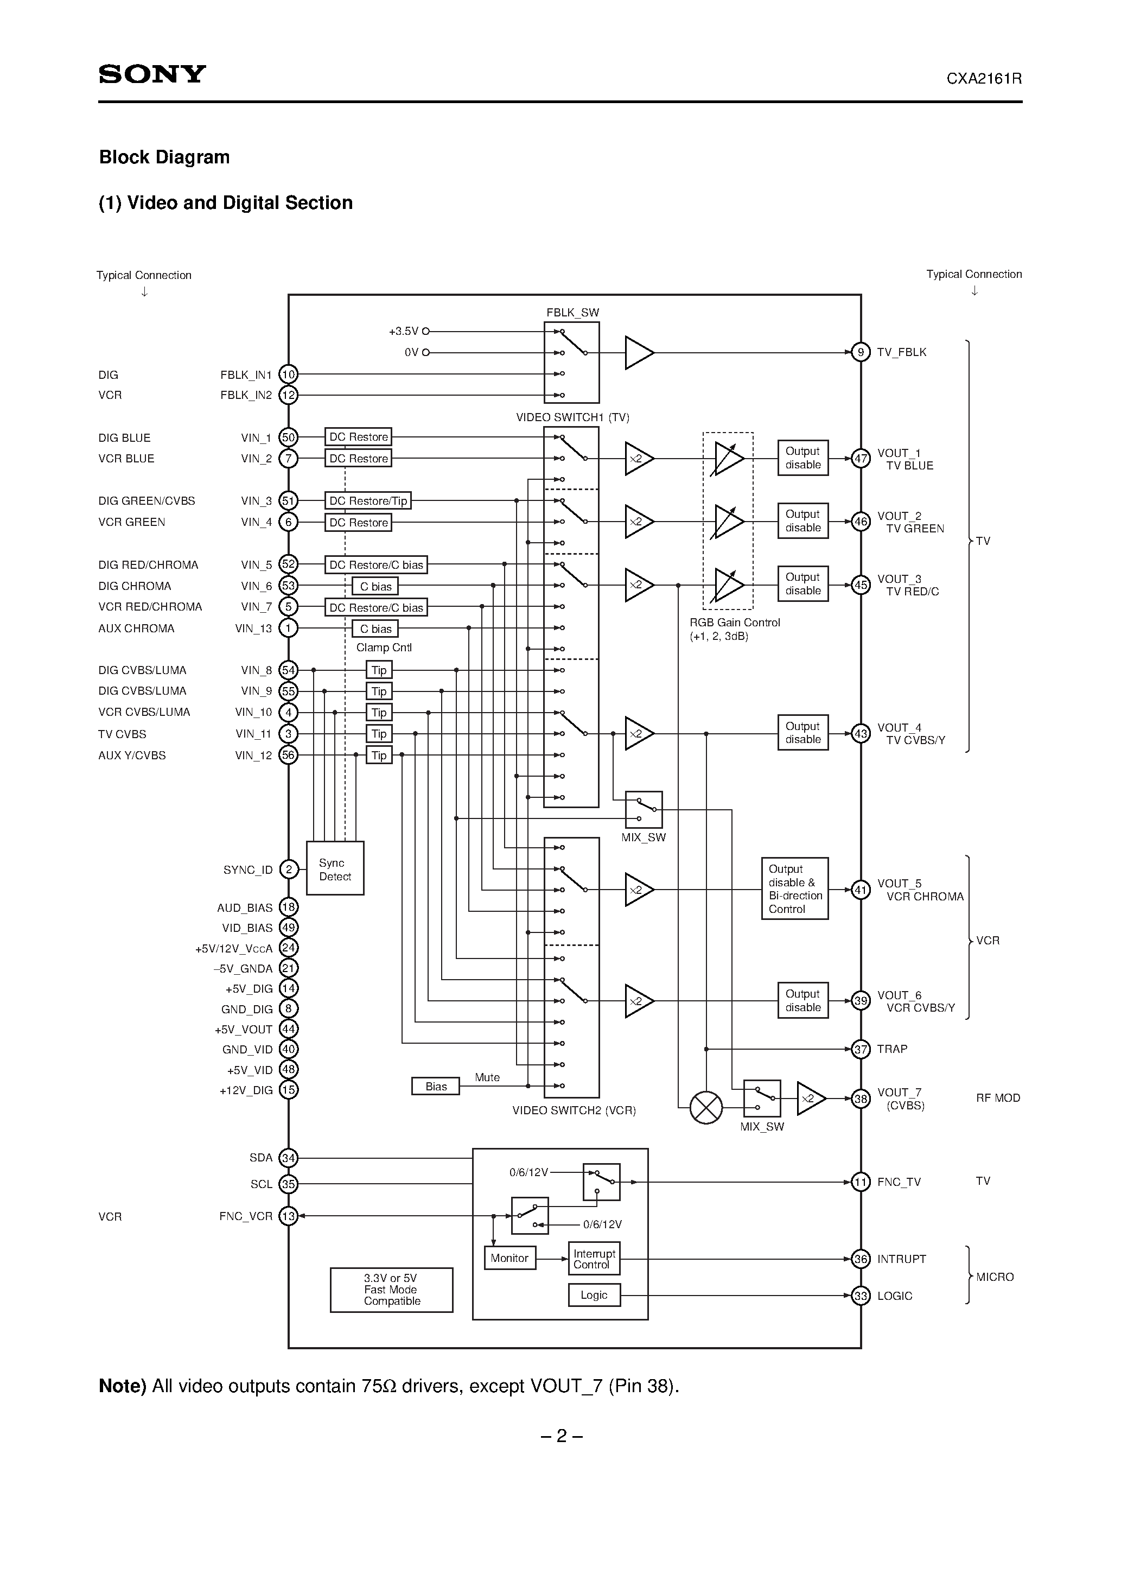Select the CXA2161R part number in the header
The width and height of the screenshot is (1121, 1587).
point(984,79)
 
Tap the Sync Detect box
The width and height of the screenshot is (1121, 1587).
point(335,869)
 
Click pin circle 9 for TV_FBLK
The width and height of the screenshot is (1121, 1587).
point(861,352)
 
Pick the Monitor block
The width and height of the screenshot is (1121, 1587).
point(509,1258)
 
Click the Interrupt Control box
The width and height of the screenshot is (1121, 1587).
point(594,1259)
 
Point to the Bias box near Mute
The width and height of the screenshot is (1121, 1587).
point(435,1086)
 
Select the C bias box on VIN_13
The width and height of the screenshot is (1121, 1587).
point(375,629)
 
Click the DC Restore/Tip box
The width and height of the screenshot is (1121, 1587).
point(368,500)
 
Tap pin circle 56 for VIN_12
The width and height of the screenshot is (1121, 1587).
point(288,755)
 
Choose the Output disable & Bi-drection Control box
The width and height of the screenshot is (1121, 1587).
point(795,889)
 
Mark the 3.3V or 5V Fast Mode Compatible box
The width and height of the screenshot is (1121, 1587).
point(391,1290)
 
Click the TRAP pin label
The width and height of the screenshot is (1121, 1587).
point(891,1049)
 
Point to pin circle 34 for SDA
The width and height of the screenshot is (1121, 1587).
point(288,1158)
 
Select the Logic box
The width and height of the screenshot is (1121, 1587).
point(594,1294)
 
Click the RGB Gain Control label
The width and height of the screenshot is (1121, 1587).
point(734,622)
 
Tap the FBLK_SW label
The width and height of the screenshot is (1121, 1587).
point(572,313)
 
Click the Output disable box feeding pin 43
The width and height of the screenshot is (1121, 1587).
point(802,733)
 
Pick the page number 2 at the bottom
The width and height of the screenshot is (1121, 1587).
point(561,1436)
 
